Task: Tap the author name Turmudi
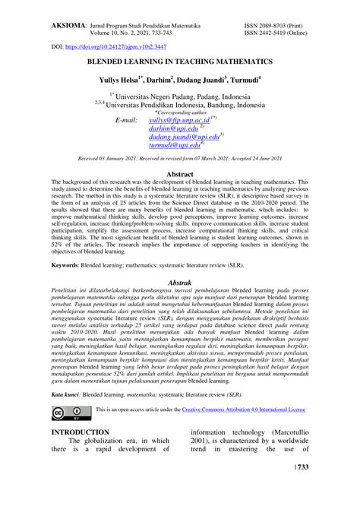[x=239, y=79]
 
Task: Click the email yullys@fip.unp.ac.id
[x=178, y=120]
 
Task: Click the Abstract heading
[x=179, y=174]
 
